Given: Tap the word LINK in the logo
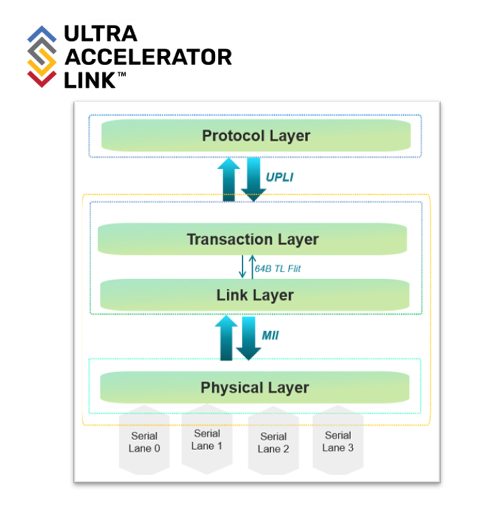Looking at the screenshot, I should tap(90, 80).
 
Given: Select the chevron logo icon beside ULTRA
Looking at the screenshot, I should tap(42, 56).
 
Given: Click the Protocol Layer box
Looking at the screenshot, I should tap(256, 136).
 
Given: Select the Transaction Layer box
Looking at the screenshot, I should tap(252, 239).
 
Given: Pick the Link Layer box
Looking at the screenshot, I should tap(255, 295).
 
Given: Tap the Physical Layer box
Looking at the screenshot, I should tap(254, 387).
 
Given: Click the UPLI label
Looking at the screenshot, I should tap(280, 177).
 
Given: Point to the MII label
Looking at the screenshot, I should tap(271, 335).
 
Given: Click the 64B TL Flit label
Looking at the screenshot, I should tap(278, 269).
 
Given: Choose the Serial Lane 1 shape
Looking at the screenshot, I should tap(207, 439).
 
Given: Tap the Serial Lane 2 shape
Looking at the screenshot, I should tap(273, 442).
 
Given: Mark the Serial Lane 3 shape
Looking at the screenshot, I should tap(337, 441).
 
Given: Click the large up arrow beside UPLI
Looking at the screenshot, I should tap(228, 180).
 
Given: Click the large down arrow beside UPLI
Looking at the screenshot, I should tap(252, 180).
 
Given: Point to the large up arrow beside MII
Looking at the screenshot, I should tap(226, 338).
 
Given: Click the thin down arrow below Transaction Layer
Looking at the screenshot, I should tap(242, 267).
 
